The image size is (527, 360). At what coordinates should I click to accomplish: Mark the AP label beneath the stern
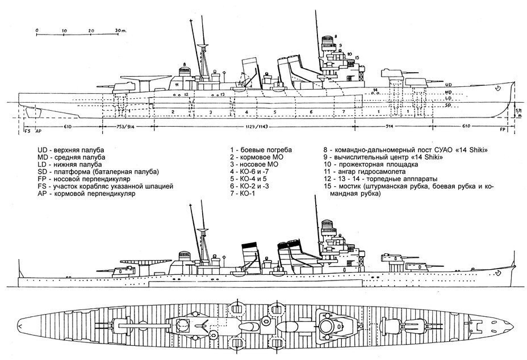coord(38,131)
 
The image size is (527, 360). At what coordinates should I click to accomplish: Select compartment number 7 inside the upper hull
coord(343,111)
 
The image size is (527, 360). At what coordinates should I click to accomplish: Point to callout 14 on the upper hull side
coord(375,90)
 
